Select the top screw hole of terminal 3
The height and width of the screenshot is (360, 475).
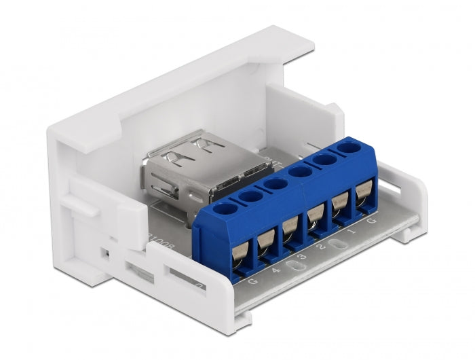[x=274, y=183]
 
